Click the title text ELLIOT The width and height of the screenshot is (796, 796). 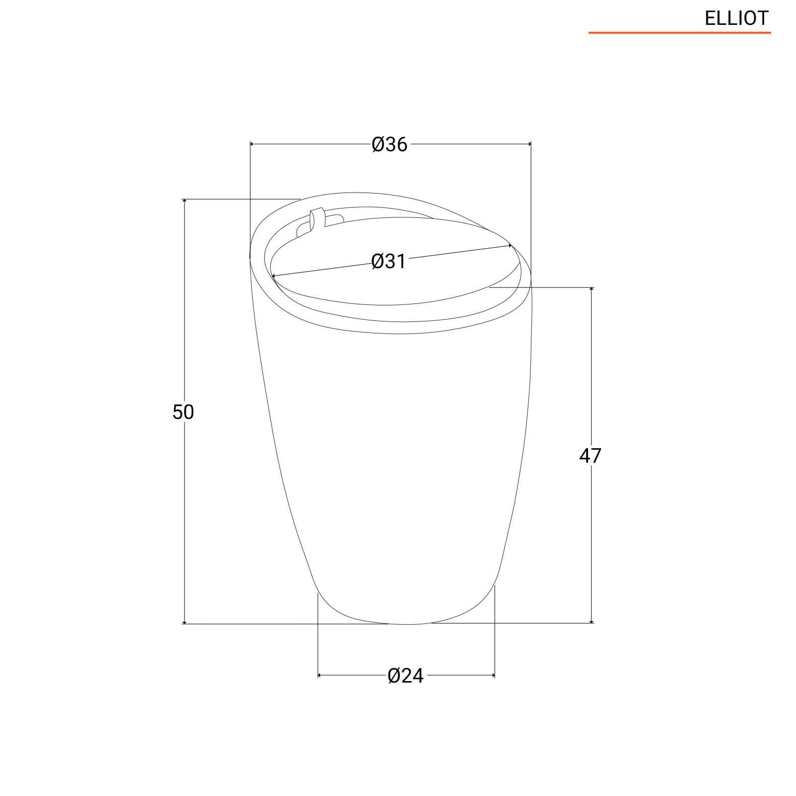pos(737,18)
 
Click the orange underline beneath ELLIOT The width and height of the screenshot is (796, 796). pos(680,33)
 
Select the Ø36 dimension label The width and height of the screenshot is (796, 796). pos(390,144)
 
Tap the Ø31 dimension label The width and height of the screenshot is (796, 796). pos(389,261)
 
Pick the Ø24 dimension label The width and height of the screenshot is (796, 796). pos(405,676)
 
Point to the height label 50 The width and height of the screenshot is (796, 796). pos(183,412)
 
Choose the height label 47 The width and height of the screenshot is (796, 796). pos(590,455)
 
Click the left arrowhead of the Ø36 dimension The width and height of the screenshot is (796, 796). pos(252,144)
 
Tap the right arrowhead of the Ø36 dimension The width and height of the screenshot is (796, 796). pos(529,144)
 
